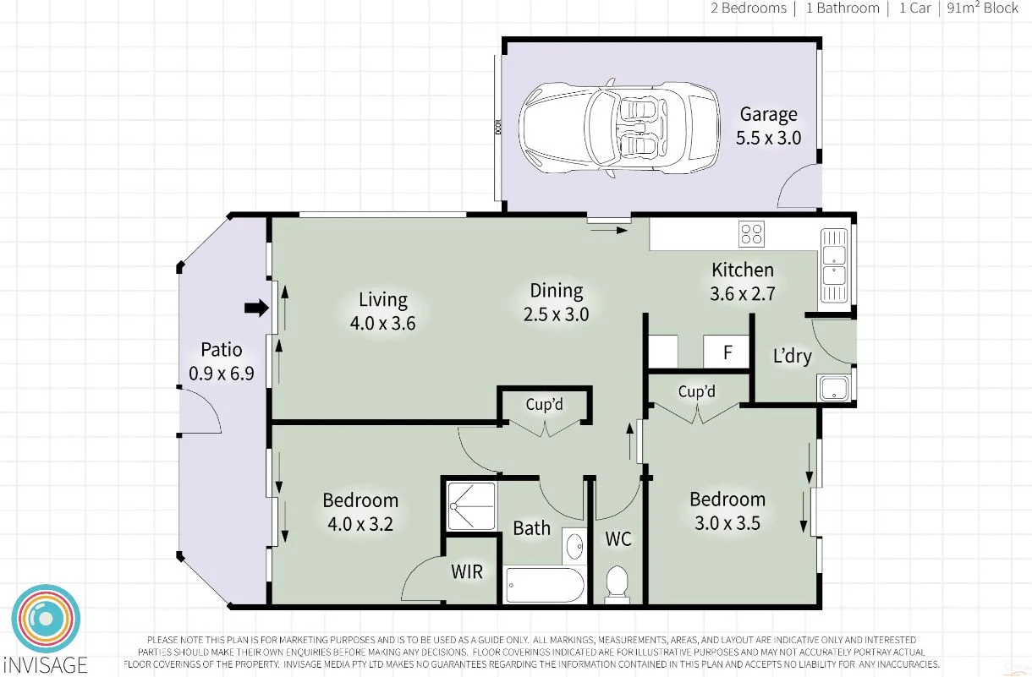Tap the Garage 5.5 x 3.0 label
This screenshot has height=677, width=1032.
(x=768, y=126)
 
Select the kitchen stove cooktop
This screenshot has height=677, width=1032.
(x=751, y=233)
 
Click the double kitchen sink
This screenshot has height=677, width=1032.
(x=833, y=266)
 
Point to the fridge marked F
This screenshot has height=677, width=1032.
(x=727, y=352)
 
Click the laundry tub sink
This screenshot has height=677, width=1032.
(x=834, y=389)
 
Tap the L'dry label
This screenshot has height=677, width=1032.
(x=792, y=356)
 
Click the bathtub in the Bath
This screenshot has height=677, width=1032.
(x=545, y=585)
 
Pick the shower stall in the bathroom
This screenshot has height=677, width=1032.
(x=470, y=506)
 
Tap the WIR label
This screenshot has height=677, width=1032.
(x=466, y=572)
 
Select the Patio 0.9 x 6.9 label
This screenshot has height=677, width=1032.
(x=221, y=361)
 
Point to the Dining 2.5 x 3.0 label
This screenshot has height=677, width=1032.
(x=557, y=302)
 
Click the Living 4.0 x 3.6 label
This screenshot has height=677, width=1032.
(x=382, y=310)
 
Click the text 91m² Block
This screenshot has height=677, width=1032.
(x=984, y=8)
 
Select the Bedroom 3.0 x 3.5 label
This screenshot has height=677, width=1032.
(x=727, y=510)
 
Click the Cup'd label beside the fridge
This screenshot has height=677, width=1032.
(x=697, y=392)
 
